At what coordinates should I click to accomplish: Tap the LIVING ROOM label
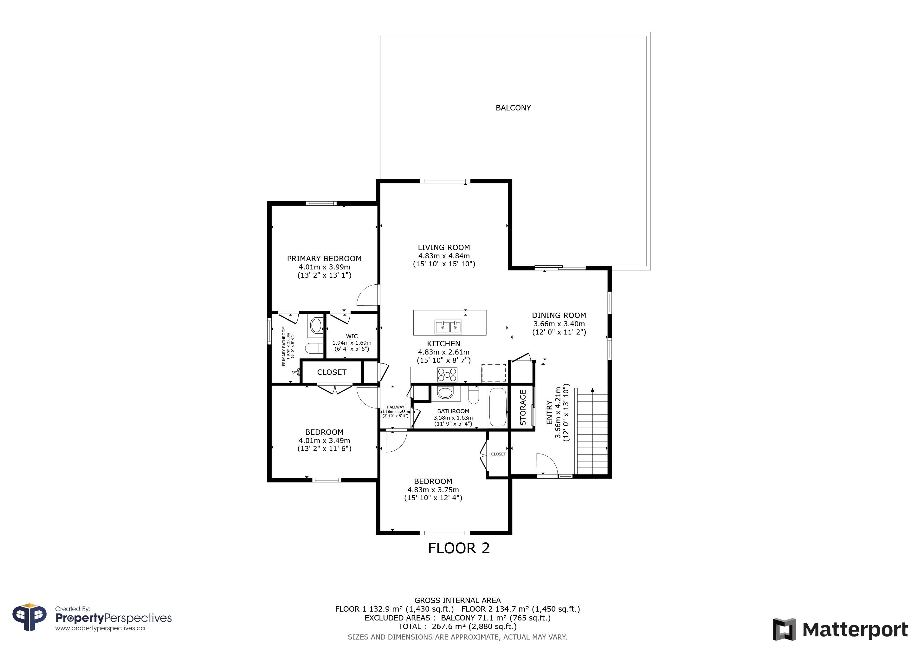click(444, 247)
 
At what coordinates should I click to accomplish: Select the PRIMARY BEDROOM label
click(324, 259)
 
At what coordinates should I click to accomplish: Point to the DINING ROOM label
click(559, 315)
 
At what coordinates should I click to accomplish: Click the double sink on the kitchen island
click(448, 327)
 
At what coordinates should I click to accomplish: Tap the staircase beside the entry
click(591, 431)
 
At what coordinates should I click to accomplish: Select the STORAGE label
click(523, 408)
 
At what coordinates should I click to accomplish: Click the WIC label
click(352, 336)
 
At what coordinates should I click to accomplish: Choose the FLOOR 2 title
click(459, 548)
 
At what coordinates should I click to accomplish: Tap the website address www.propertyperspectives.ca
click(100, 628)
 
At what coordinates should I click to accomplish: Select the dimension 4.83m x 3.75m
click(433, 489)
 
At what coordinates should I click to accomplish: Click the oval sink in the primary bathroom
click(317, 325)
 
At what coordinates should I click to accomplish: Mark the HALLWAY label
click(395, 407)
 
